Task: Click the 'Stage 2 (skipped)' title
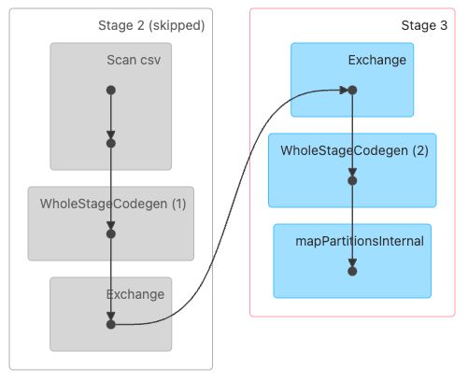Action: [150, 25]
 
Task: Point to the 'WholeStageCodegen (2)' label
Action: [354, 150]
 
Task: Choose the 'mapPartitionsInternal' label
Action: [360, 241]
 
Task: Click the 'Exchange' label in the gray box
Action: [135, 294]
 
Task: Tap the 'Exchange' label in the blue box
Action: [377, 61]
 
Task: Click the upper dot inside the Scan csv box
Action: [111, 91]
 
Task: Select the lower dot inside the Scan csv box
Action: [111, 143]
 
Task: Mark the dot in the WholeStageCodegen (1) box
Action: [111, 233]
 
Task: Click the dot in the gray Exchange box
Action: [111, 325]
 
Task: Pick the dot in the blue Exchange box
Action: [352, 91]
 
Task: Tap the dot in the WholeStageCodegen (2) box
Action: [352, 181]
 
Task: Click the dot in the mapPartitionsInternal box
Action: [352, 272]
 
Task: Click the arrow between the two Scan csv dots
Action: [111, 117]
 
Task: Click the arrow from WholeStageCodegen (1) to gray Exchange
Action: [111, 279]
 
